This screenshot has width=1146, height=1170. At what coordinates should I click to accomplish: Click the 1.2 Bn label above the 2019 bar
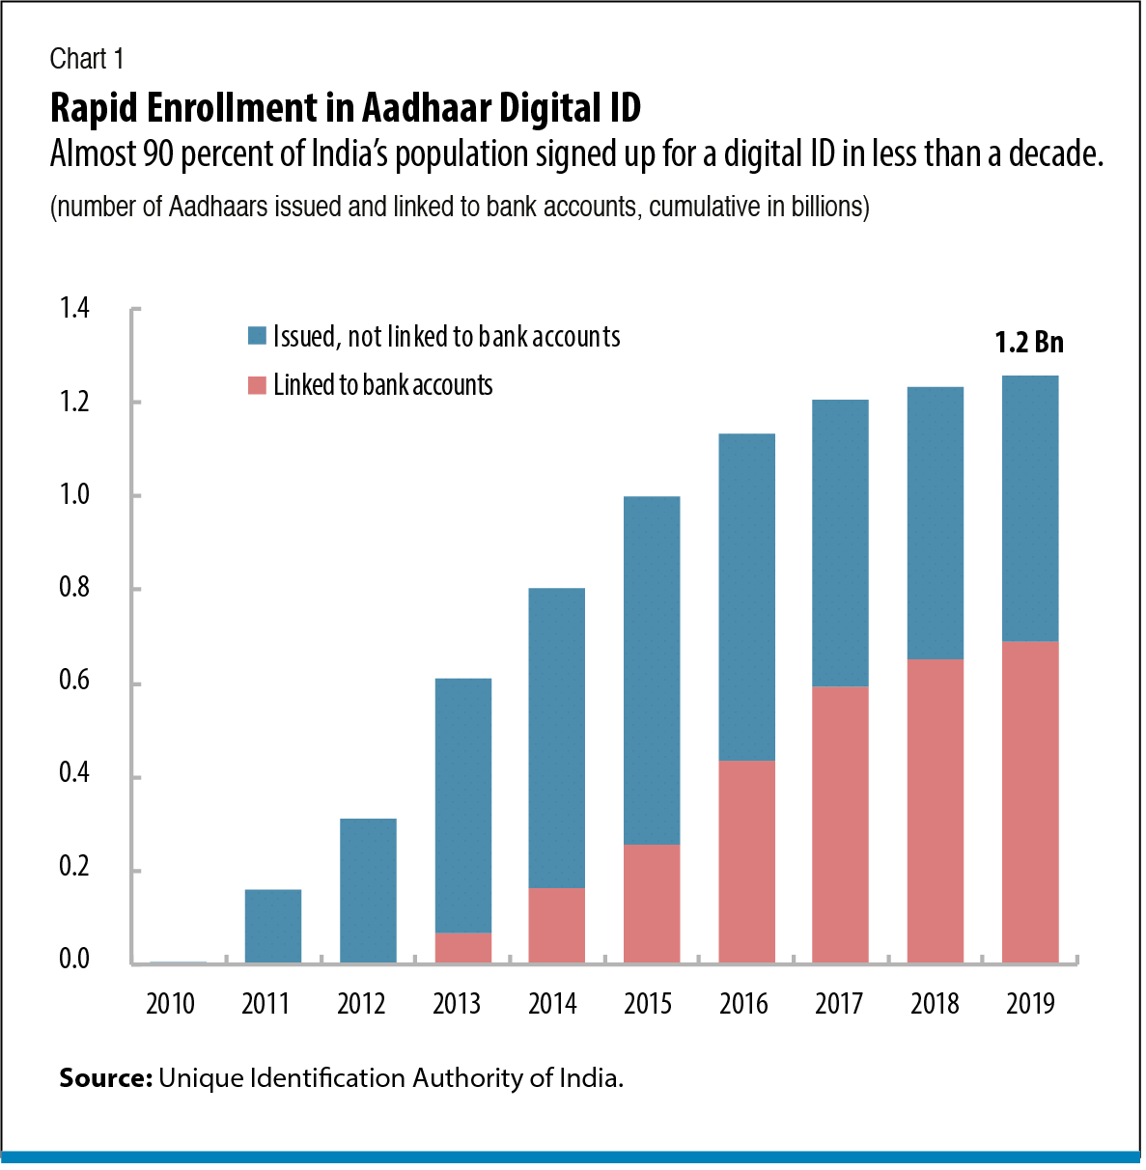[x=1029, y=343]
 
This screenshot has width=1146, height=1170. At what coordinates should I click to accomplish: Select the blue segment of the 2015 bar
[x=652, y=670]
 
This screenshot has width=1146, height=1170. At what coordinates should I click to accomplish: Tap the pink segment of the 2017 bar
[x=840, y=824]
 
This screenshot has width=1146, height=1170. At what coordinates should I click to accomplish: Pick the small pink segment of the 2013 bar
[x=463, y=948]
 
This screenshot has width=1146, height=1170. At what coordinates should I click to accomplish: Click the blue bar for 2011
[x=273, y=926]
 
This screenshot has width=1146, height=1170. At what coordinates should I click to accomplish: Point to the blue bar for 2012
[x=368, y=890]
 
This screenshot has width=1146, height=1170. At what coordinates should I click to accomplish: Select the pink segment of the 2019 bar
[x=1030, y=801]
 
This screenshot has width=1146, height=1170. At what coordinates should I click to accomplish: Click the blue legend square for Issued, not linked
[x=257, y=336]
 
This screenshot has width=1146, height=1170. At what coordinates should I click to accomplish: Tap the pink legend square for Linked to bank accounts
[x=257, y=385]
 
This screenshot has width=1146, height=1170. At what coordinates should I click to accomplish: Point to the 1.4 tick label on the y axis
[x=74, y=308]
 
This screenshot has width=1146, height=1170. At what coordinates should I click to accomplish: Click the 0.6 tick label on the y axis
[x=74, y=681]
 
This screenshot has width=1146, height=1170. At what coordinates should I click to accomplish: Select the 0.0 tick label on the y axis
[x=74, y=959]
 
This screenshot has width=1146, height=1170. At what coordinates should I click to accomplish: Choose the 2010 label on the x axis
[x=170, y=1004]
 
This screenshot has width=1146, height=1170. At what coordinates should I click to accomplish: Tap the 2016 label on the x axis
[x=743, y=1004]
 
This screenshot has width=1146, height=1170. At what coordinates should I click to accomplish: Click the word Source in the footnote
[x=105, y=1077]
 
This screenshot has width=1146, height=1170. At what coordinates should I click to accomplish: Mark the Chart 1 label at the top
[x=87, y=59]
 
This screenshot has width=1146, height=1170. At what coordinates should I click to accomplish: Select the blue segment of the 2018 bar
[x=936, y=522]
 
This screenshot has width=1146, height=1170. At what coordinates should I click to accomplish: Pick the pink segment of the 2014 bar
[x=557, y=925]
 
